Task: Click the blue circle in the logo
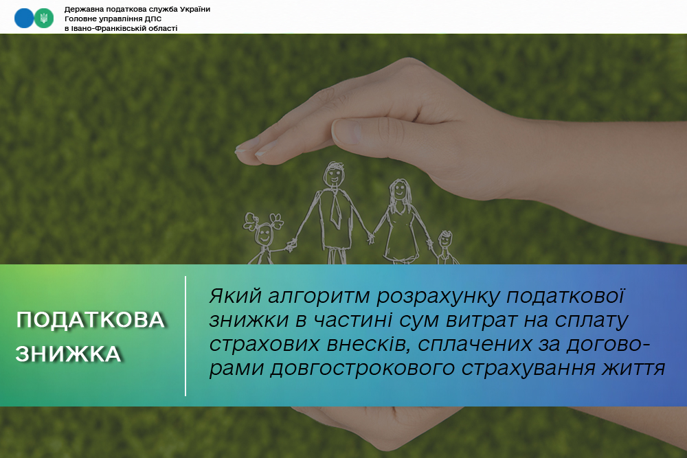[24, 19]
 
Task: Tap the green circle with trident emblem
[44, 19]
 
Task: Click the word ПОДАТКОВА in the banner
[90, 320]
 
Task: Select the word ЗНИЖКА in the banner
[68, 354]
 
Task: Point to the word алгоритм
[319, 296]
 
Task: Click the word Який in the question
[235, 296]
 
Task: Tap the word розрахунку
[438, 297]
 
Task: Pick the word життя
[633, 368]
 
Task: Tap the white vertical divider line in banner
[185, 336]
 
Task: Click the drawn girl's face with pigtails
[264, 235]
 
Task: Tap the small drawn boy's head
[445, 240]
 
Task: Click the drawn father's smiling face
[334, 174]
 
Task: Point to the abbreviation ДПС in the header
[153, 19]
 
